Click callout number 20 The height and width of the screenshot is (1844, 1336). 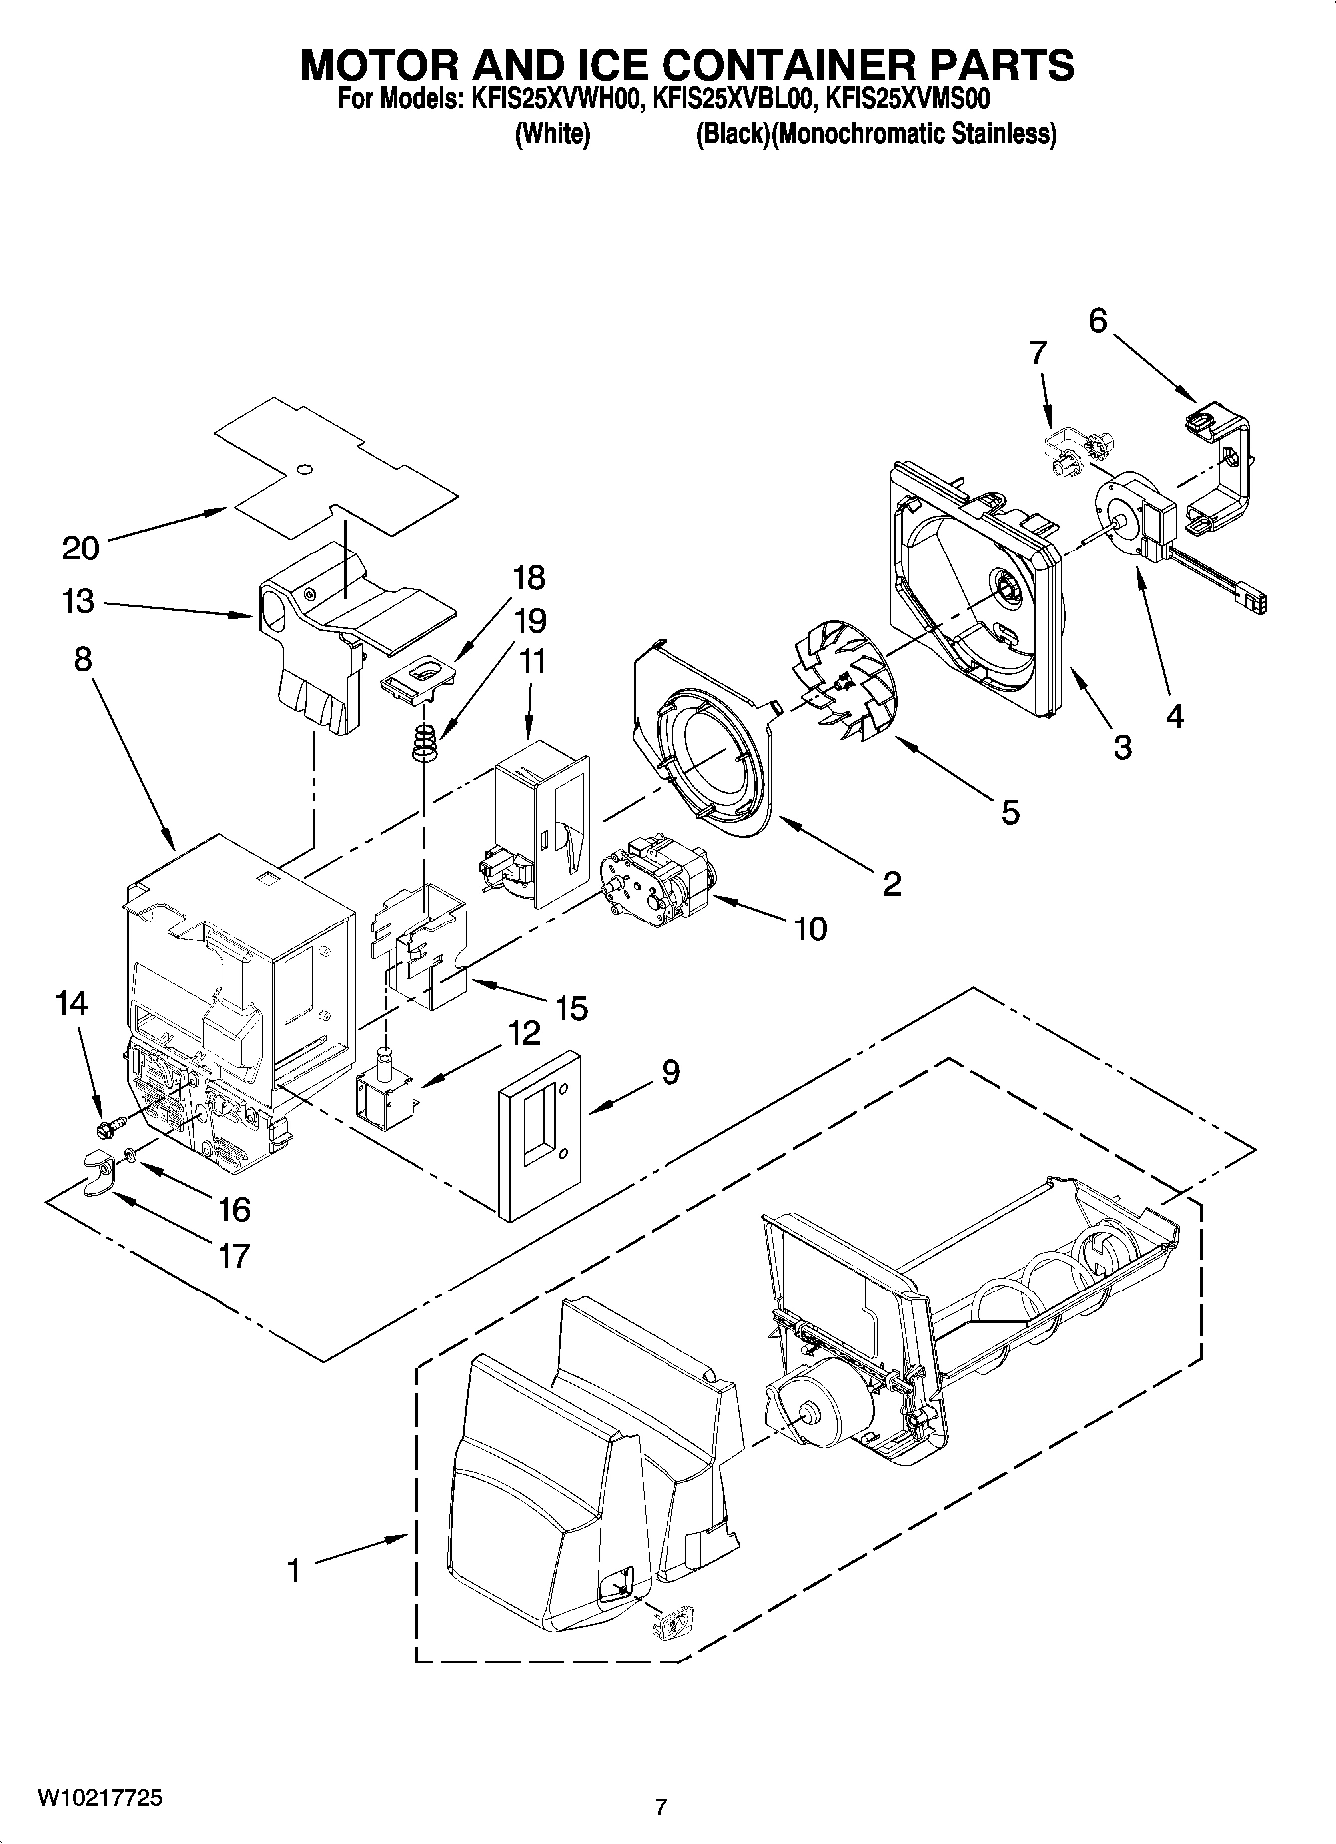[x=81, y=548]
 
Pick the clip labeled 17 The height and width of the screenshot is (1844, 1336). [x=97, y=1167]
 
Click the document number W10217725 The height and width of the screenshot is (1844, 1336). [x=100, y=1798]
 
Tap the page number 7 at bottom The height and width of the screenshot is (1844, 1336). [x=660, y=1806]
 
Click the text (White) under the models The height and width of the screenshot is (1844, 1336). [x=552, y=134]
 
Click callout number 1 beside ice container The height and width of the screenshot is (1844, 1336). [x=293, y=1571]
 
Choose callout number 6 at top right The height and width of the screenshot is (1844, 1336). [x=1097, y=321]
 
